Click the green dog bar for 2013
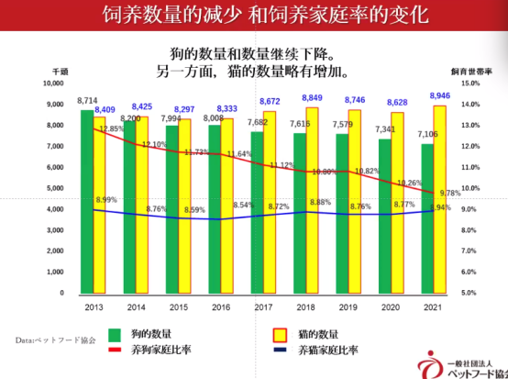pos(86,202)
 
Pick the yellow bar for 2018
pos(313,201)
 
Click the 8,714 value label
pos(87,99)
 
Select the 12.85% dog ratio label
pos(111,128)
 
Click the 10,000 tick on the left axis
pos(52,83)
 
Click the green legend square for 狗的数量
pos(115,334)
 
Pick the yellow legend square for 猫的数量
pos(282,334)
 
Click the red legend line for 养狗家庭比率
pos(116,351)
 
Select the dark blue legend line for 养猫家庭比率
pos(282,351)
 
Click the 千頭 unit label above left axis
pos(60,71)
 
